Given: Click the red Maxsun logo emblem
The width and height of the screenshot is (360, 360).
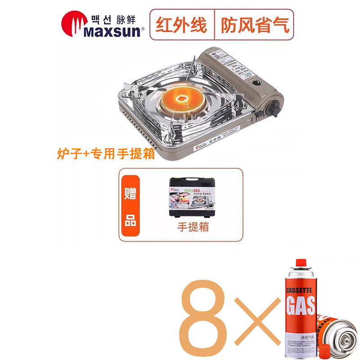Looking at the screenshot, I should [73, 26].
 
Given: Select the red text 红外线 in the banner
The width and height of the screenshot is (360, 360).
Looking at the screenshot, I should [181, 24].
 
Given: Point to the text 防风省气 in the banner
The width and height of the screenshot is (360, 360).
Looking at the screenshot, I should [254, 24].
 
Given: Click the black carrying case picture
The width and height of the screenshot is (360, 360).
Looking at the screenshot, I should [191, 198].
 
